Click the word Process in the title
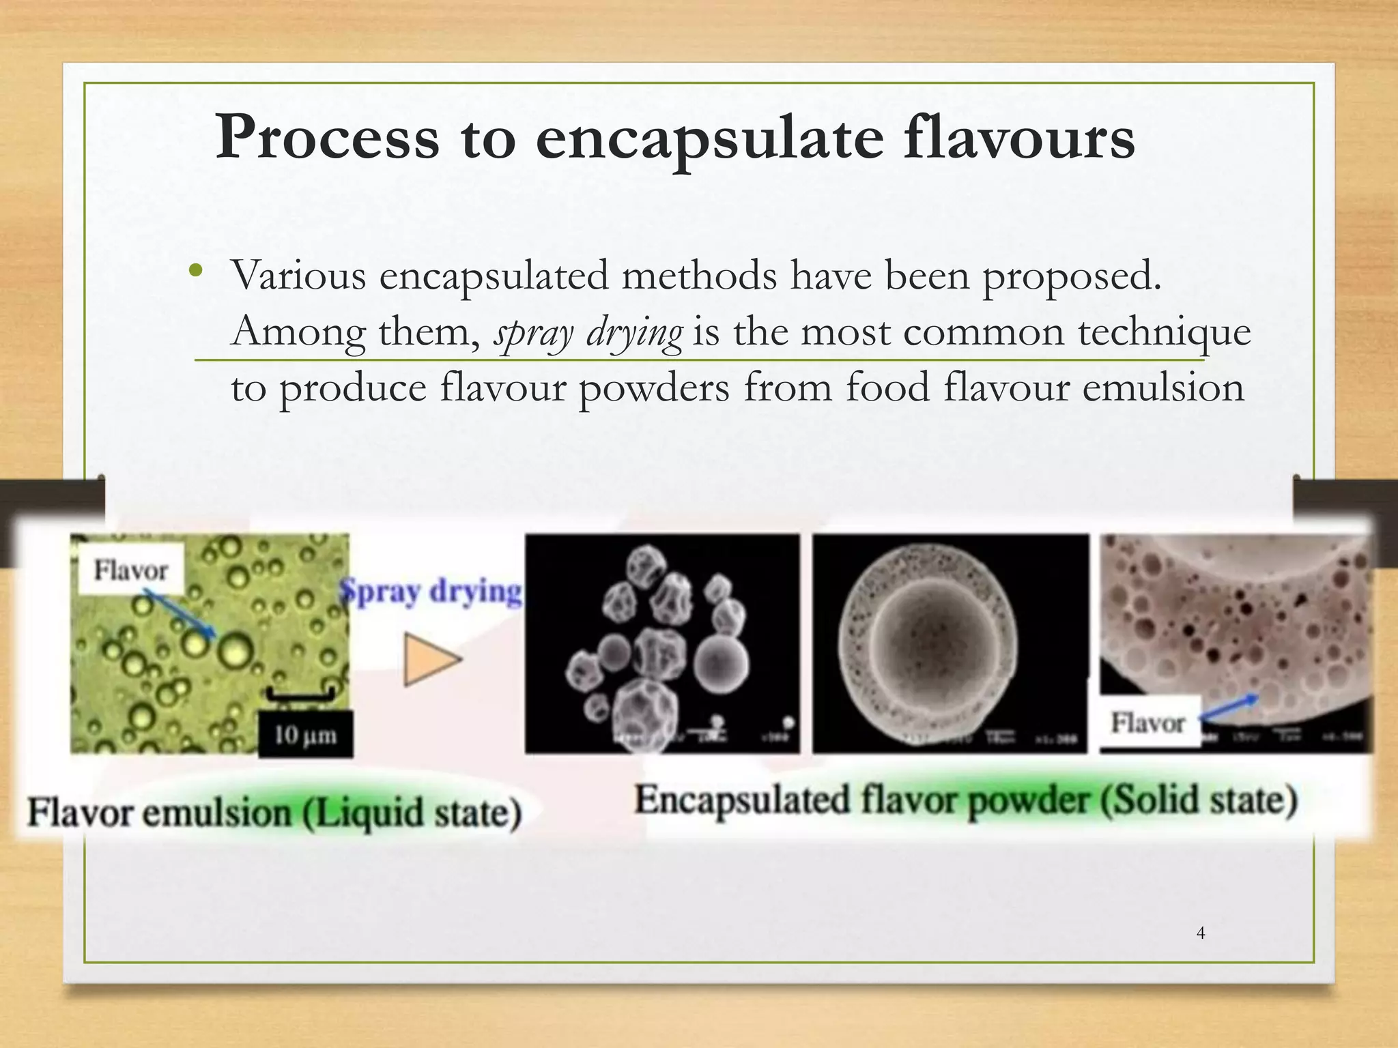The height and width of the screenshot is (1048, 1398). [327, 139]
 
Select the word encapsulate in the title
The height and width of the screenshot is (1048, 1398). [710, 139]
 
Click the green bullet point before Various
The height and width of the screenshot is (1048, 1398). [197, 270]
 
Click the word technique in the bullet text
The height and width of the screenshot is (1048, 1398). [1164, 333]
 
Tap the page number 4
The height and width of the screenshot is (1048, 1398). [1201, 933]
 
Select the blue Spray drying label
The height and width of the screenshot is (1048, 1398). [431, 591]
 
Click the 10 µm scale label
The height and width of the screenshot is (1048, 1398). [305, 735]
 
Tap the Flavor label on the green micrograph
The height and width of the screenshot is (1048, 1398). [131, 570]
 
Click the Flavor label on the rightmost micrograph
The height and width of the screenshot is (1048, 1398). [1148, 722]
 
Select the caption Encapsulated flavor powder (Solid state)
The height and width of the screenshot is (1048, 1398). [965, 800]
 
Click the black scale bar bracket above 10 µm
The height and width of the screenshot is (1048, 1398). [300, 695]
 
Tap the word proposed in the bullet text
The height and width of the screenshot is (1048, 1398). [1071, 276]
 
